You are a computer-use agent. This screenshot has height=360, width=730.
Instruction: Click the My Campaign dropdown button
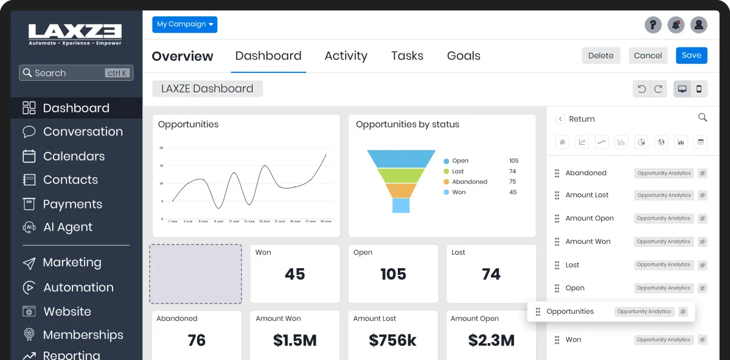tap(184, 24)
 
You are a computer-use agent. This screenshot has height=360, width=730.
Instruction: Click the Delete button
tap(601, 55)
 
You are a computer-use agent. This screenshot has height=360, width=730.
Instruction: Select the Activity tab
tap(346, 56)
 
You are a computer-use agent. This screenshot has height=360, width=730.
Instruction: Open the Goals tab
tap(464, 56)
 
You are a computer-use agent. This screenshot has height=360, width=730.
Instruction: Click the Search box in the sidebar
tap(76, 73)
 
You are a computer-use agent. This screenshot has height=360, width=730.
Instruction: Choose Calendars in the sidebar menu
tap(74, 156)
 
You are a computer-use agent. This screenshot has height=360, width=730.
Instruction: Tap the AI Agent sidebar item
tap(68, 227)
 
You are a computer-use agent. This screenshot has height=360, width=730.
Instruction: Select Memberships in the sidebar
tap(83, 335)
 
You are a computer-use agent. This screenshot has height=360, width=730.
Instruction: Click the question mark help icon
tap(653, 25)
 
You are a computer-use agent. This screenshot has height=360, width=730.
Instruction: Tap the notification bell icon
tap(676, 25)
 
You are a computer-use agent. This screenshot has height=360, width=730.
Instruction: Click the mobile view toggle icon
tap(699, 89)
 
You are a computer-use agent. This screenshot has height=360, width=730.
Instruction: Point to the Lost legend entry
tap(458, 171)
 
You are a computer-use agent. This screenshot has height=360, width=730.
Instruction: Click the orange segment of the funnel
tap(401, 190)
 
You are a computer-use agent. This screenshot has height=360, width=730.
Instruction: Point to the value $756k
tap(392, 341)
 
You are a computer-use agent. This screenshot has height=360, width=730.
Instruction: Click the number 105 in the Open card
tap(393, 274)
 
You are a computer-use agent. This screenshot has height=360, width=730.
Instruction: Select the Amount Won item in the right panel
tap(588, 241)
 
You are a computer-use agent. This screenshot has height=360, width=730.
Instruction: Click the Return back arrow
tap(560, 119)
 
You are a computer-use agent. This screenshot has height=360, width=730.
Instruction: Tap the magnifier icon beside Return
tap(703, 117)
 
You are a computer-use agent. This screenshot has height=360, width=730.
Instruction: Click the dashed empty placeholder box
tap(196, 274)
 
